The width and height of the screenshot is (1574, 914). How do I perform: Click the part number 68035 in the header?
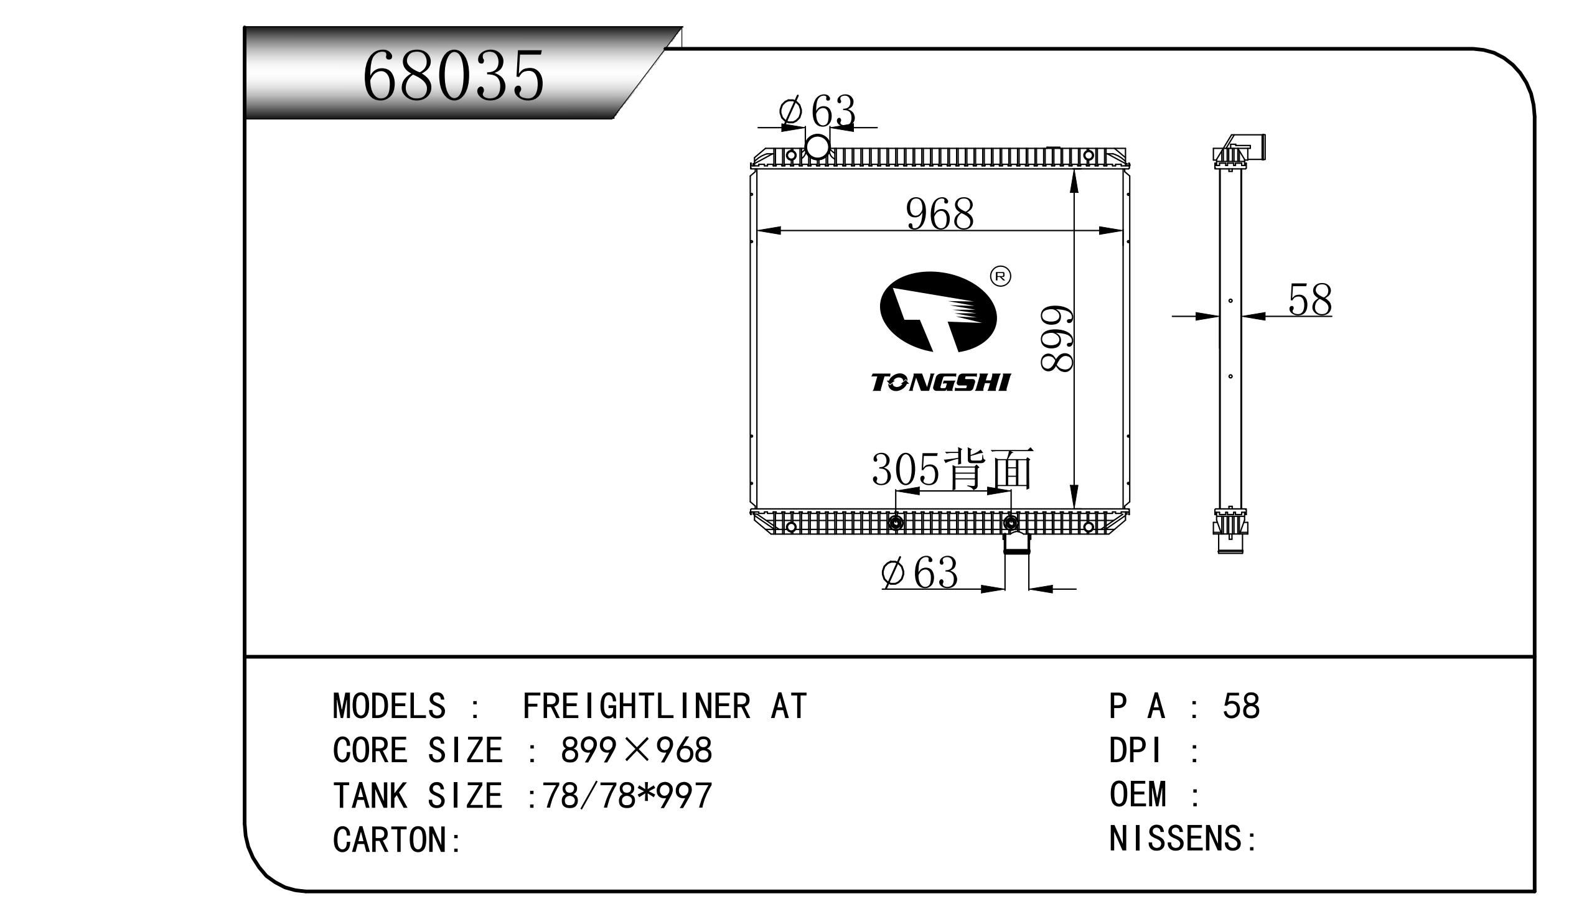(453, 77)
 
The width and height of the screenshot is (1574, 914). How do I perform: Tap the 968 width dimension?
(939, 214)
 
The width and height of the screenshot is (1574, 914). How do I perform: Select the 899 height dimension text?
(1057, 338)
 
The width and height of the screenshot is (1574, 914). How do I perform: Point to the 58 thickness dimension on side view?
(1309, 301)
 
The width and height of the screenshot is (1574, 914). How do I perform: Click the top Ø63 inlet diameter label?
(817, 112)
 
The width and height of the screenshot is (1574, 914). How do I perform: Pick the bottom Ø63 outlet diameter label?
(919, 572)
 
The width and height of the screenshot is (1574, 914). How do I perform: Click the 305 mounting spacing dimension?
(905, 470)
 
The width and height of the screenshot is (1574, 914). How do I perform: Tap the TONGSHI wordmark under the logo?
(940, 383)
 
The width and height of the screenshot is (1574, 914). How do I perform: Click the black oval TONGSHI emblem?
(937, 312)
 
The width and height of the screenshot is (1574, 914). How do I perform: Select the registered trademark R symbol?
(1001, 276)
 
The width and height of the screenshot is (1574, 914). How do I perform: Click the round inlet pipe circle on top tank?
(817, 147)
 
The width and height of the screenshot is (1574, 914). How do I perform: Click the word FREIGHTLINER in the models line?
(636, 707)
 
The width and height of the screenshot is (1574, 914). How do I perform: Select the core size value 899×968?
(636, 750)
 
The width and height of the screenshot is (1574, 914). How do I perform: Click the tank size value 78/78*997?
(627, 796)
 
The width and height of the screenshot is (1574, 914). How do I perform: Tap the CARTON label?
(396, 840)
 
